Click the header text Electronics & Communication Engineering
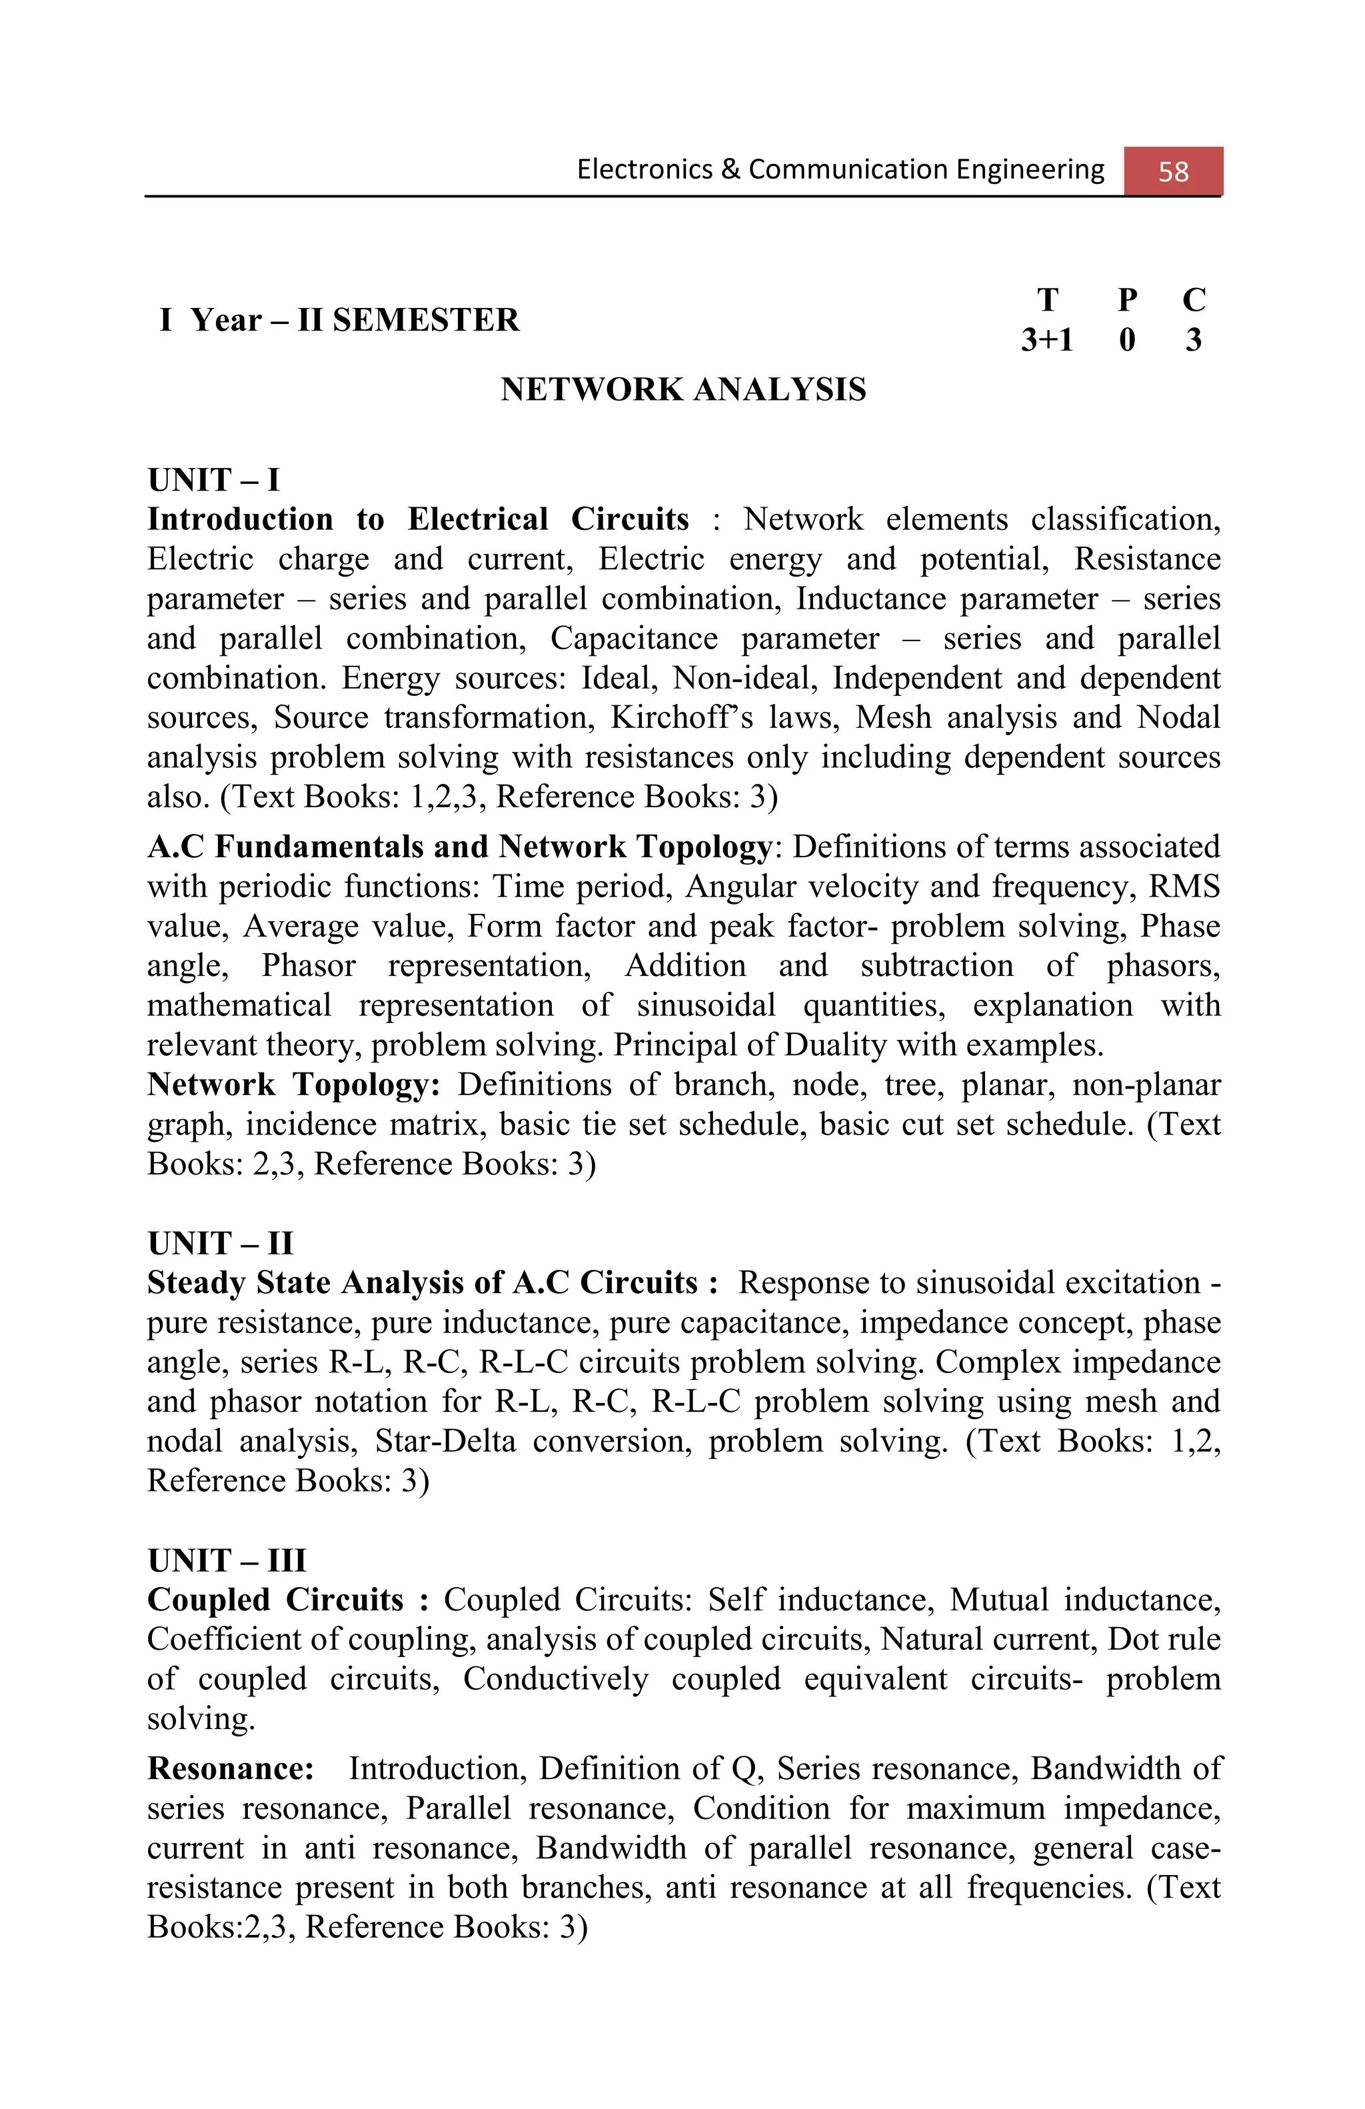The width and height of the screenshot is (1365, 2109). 840,169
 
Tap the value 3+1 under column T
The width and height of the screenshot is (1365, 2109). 1046,339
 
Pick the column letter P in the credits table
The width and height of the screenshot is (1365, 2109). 1126,301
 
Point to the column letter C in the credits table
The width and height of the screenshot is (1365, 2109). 1193,301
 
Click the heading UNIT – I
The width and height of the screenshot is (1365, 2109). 213,481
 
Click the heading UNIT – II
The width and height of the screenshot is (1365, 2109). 220,1243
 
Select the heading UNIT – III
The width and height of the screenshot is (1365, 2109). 227,1560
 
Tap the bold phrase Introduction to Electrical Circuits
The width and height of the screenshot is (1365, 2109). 417,519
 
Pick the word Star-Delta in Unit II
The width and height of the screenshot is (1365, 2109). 445,1441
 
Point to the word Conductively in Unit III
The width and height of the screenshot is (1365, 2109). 555,1679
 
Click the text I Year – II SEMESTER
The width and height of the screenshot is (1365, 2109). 339,320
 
